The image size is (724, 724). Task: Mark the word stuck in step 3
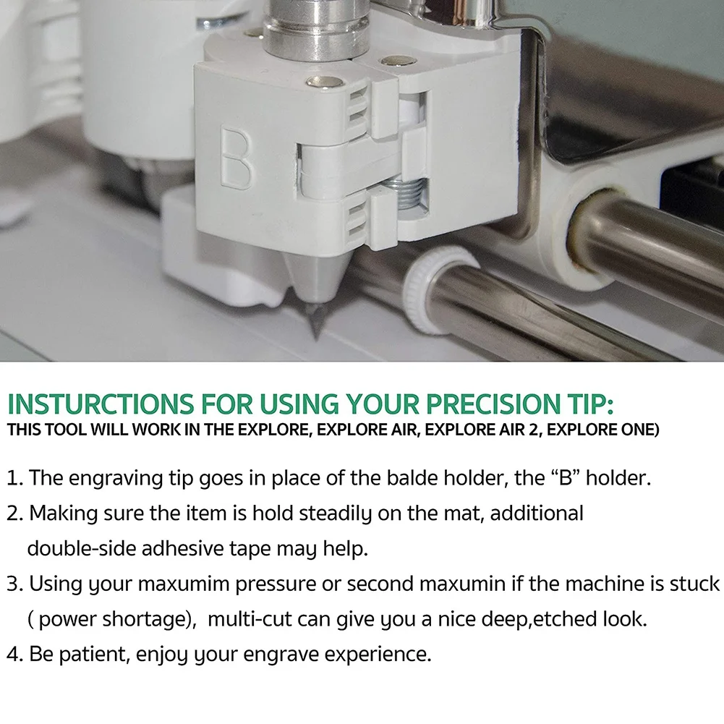(695, 584)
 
